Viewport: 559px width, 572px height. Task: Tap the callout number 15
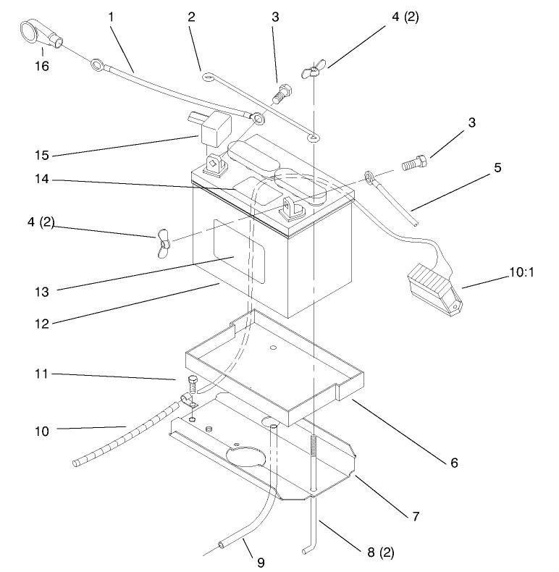[x=42, y=154]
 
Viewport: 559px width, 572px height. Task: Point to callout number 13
[x=42, y=292]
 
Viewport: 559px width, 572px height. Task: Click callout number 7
[x=416, y=516]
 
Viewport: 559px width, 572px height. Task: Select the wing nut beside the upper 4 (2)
[x=312, y=72]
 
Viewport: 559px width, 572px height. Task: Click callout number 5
[x=498, y=167]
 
